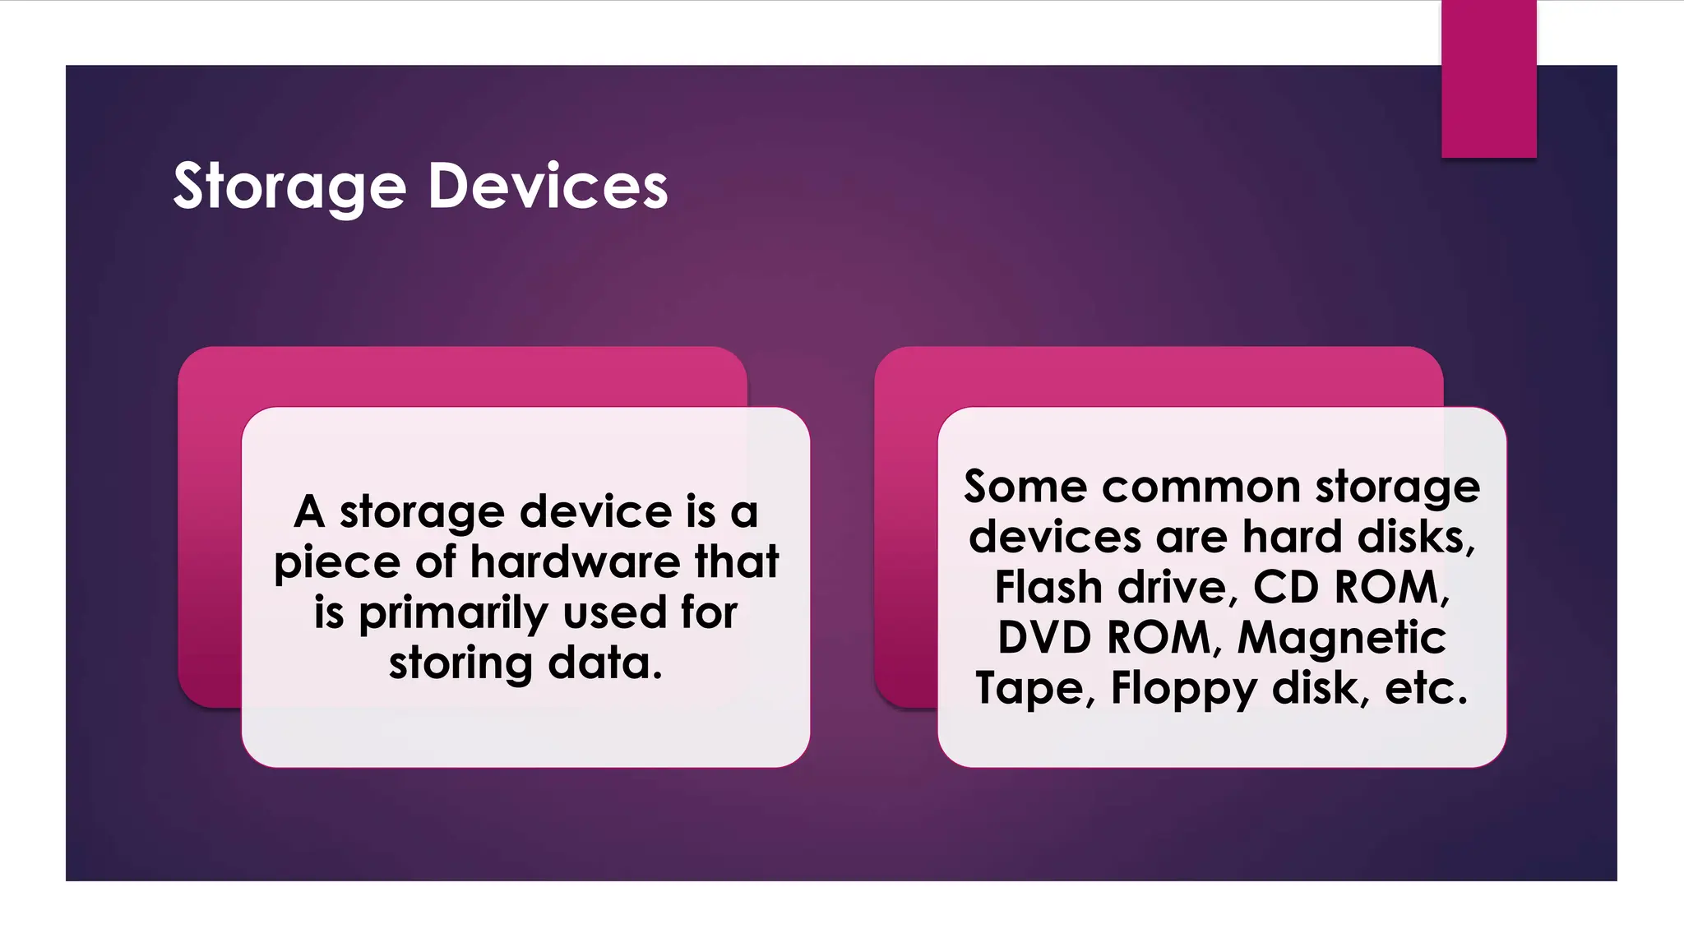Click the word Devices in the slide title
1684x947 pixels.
(548, 187)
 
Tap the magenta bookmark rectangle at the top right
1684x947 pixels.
(1488, 79)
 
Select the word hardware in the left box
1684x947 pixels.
(576, 562)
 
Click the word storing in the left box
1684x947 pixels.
(460, 663)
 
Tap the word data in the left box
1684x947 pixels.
(604, 663)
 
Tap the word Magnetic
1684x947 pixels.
(1342, 638)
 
